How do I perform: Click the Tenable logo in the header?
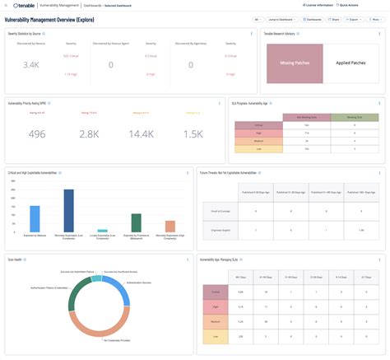point(26,6)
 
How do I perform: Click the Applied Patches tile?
point(347,62)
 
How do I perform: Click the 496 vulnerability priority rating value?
point(38,133)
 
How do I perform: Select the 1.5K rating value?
point(193,133)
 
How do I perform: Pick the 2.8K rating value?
point(89,133)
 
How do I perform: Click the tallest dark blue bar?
point(68,211)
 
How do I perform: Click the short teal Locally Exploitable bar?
point(102,231)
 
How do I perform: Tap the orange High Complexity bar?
point(170,227)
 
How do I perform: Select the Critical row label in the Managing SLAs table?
point(216,292)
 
